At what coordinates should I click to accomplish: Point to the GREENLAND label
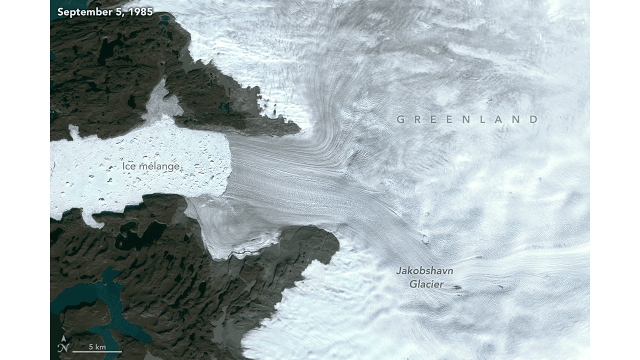(x=467, y=119)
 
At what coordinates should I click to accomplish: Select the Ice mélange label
(x=150, y=166)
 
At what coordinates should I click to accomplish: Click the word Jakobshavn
(x=424, y=271)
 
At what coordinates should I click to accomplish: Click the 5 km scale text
(x=97, y=346)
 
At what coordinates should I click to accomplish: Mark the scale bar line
(x=97, y=351)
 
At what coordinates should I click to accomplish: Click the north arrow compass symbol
(x=63, y=346)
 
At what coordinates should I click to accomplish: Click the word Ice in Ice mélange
(x=128, y=166)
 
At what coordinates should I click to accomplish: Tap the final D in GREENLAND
(x=534, y=119)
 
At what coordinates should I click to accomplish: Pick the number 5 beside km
(x=91, y=346)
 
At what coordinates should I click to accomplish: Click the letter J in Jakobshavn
(x=399, y=271)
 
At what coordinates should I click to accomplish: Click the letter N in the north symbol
(x=63, y=349)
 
